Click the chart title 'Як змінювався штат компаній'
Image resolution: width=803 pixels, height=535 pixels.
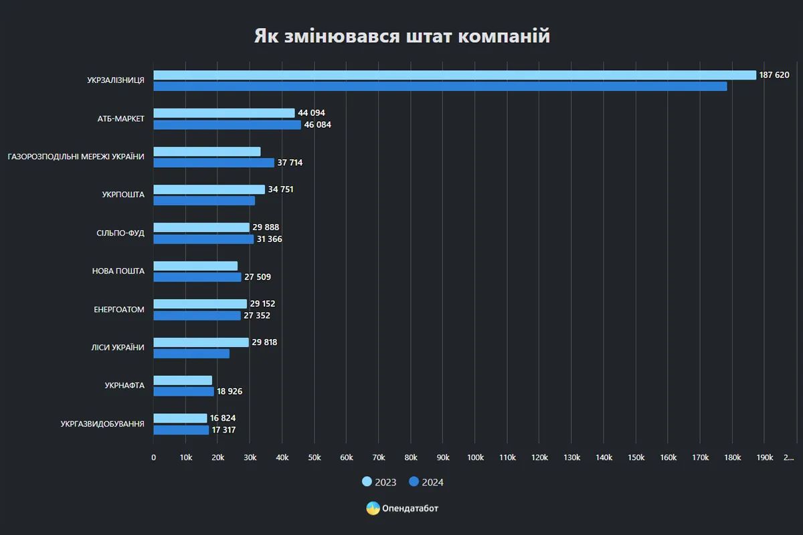tap(401, 36)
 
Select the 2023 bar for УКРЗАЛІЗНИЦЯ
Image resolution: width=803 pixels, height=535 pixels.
tap(454, 75)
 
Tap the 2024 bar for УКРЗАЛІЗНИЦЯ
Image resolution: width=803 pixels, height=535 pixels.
tap(440, 86)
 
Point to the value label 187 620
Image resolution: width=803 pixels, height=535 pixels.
tap(774, 75)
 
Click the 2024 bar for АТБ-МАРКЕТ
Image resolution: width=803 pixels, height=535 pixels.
tap(227, 124)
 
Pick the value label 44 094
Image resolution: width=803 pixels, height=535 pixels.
tap(311, 113)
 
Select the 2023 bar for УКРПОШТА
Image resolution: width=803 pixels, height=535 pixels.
tap(209, 189)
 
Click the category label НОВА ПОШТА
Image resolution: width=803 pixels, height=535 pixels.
tap(118, 271)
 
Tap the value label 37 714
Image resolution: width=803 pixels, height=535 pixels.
tap(291, 163)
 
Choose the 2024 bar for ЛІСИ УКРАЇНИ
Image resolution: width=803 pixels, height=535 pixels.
tap(191, 353)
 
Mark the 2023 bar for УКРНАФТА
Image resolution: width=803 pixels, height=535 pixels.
tap(183, 380)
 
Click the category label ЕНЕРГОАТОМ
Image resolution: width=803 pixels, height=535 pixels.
tap(119, 310)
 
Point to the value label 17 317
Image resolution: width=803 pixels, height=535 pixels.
tap(224, 430)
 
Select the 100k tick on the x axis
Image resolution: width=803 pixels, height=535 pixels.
tap(475, 457)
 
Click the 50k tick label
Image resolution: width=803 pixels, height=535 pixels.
tap(314, 457)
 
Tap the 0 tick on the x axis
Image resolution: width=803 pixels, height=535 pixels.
tap(153, 457)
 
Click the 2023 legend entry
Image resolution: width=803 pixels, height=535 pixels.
tap(379, 482)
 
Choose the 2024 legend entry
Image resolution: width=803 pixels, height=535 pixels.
tap(426, 482)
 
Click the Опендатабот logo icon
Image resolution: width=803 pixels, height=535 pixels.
tap(373, 508)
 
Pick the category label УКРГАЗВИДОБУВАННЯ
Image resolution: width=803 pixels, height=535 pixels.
tap(102, 424)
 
